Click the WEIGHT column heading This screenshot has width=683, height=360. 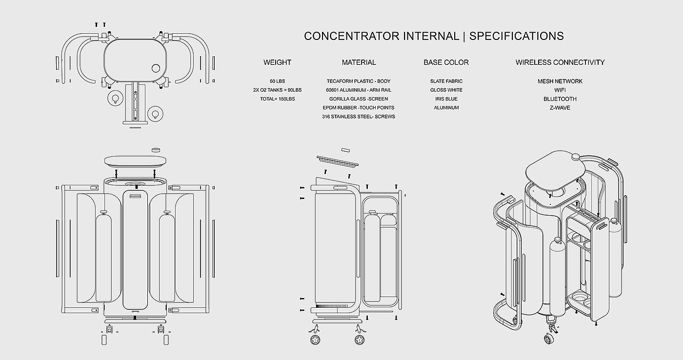(277, 62)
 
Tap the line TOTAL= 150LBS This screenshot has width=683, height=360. (277, 99)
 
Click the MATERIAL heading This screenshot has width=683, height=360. (359, 62)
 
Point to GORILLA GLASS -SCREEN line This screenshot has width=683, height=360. (359, 99)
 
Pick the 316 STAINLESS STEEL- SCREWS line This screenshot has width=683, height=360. (359, 117)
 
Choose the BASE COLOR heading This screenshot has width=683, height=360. (446, 62)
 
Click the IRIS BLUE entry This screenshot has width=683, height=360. (446, 99)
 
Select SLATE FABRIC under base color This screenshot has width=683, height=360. (446, 81)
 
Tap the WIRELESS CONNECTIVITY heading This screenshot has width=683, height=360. (560, 62)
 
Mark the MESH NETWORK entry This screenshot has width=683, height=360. (560, 81)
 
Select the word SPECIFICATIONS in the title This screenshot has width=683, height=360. (517, 36)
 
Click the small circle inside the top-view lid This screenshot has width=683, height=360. (157, 69)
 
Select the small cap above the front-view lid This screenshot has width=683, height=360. (156, 150)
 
